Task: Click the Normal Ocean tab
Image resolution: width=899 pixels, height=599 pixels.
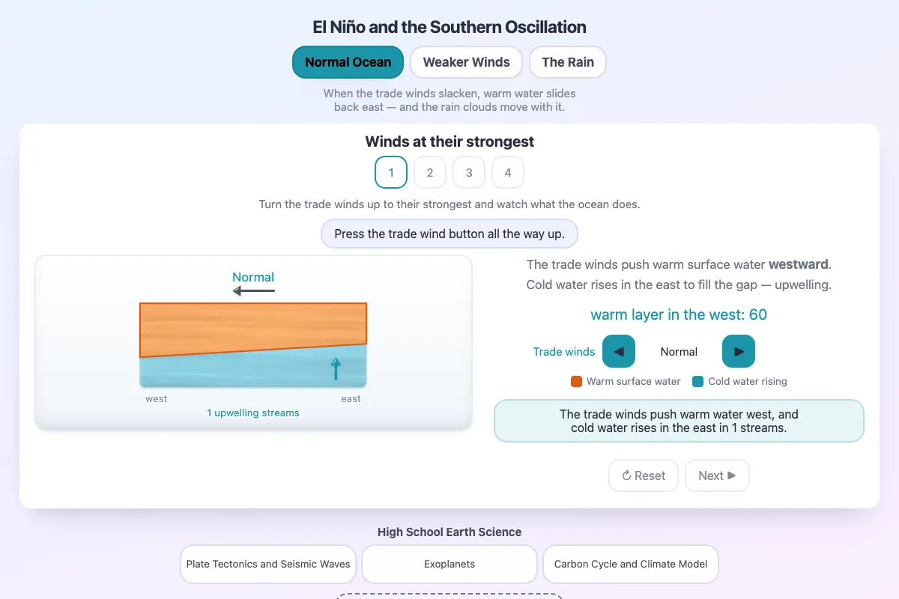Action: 348,62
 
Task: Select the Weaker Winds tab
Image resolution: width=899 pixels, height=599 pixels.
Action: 466,62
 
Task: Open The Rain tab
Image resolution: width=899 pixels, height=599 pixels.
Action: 568,62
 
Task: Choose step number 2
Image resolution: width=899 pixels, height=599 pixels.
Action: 430,172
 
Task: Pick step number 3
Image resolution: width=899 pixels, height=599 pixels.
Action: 469,172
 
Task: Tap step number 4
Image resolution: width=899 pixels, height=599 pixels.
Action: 508,172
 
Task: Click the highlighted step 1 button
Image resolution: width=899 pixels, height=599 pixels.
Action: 391,172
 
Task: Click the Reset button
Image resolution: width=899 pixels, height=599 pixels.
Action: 644,475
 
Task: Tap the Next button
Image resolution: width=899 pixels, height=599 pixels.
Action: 717,475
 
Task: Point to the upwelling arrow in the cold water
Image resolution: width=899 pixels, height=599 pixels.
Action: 336,368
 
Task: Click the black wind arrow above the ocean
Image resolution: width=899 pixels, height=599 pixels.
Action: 254,291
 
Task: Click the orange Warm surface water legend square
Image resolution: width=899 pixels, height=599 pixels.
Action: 576,382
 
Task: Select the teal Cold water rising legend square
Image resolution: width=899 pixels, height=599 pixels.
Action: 698,382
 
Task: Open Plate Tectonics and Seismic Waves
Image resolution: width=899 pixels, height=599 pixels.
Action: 268,564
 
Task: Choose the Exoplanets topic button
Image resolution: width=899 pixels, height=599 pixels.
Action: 449,564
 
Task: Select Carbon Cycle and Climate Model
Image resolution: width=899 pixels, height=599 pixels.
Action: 631,564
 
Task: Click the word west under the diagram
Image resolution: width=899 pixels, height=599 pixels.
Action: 156,399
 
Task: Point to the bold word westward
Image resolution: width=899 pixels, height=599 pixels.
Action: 799,264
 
